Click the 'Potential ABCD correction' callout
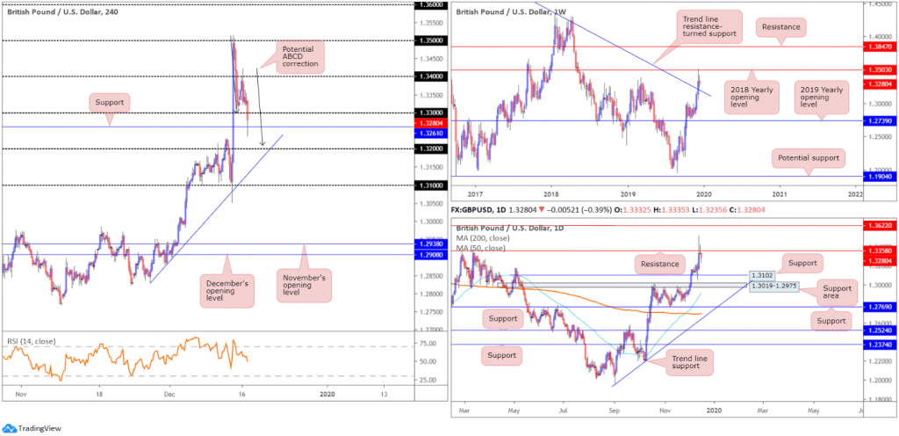[298, 56]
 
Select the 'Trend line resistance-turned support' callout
[709, 28]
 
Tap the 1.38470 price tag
[878, 46]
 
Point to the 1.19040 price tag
[878, 177]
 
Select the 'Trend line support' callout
[689, 360]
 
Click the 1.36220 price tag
[878, 225]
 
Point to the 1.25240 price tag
[878, 331]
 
